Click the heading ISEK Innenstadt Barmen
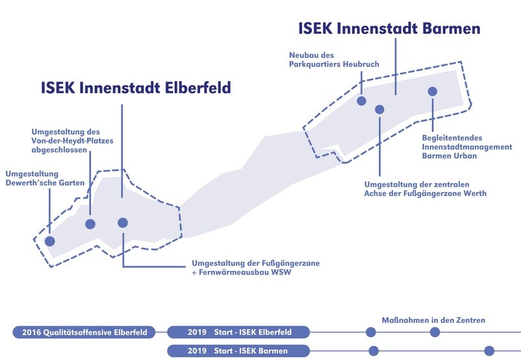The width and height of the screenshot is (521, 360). (389, 29)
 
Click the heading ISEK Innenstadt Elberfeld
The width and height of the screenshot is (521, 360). (135, 87)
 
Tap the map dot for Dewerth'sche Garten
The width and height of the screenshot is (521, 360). (49, 241)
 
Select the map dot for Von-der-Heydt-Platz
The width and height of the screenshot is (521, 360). (91, 224)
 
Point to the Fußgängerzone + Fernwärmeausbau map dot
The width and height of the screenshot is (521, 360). (122, 223)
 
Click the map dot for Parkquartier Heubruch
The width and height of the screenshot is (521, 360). (361, 101)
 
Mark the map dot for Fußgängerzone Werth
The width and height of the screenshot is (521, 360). (380, 109)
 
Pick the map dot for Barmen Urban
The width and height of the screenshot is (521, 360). (432, 91)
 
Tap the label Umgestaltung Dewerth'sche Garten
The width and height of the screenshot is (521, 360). (45, 178)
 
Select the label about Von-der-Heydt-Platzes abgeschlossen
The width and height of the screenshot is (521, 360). (66, 141)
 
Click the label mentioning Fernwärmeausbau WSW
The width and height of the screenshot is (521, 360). (255, 268)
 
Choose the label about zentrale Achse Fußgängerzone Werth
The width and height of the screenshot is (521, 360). (425, 189)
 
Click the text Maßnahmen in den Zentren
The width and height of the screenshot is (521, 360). (433, 320)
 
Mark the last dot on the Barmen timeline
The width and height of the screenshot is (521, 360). (489, 351)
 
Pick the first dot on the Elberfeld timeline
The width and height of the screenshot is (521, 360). (371, 333)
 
